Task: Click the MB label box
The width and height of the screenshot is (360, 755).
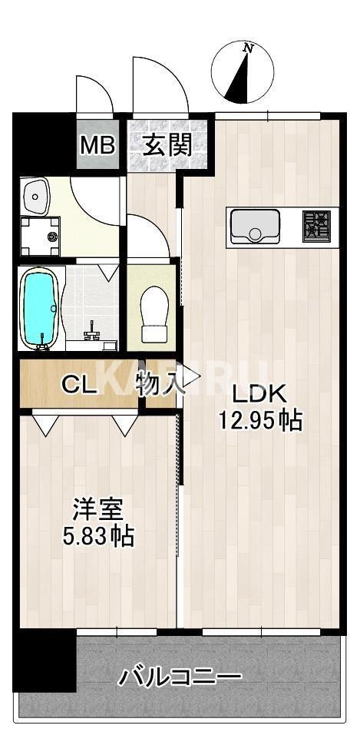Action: click(97, 144)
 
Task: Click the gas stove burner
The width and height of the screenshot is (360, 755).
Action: click(315, 227)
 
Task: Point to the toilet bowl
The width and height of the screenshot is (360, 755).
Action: click(154, 312)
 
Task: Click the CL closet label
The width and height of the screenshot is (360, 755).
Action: click(79, 383)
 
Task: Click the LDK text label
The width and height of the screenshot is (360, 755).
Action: click(259, 394)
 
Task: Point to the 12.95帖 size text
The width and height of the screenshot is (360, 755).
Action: click(259, 420)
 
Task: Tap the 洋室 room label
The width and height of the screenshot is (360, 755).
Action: click(97, 509)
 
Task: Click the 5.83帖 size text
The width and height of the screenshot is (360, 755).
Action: click(98, 535)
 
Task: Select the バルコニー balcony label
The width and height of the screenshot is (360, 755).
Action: click(180, 677)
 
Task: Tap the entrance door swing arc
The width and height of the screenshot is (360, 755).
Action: click(160, 84)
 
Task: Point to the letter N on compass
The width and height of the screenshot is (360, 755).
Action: click(247, 48)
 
